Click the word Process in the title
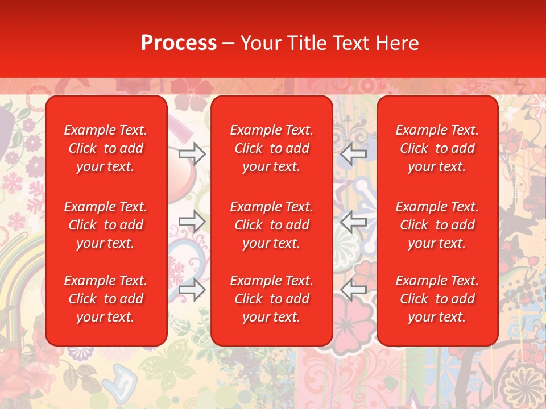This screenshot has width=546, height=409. (179, 43)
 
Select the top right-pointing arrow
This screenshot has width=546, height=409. (192, 153)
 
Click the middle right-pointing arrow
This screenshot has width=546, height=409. (192, 222)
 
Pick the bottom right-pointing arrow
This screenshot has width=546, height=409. (192, 290)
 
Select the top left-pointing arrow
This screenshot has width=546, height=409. (354, 153)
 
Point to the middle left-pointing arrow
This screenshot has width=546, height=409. (354, 222)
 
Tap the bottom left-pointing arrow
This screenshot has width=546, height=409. (354, 290)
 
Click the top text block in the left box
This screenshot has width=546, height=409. (106, 148)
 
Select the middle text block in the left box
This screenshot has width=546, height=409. (106, 225)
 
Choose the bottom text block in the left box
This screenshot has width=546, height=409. (106, 299)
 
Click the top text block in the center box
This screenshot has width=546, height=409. (271, 148)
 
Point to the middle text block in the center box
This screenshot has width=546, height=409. (271, 225)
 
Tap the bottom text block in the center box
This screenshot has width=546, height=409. (271, 299)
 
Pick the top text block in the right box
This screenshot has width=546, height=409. (437, 148)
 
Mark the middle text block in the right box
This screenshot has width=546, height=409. (437, 225)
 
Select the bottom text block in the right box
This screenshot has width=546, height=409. (437, 299)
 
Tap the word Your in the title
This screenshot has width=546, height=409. (259, 43)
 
